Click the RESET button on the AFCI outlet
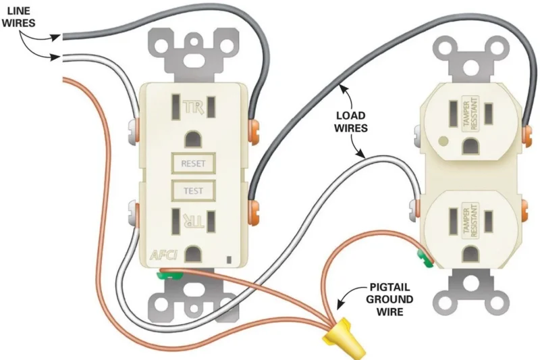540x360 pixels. [193, 163]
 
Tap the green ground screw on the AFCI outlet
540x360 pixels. [165, 274]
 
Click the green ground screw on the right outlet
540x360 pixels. [423, 257]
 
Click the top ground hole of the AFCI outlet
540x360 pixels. [193, 138]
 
